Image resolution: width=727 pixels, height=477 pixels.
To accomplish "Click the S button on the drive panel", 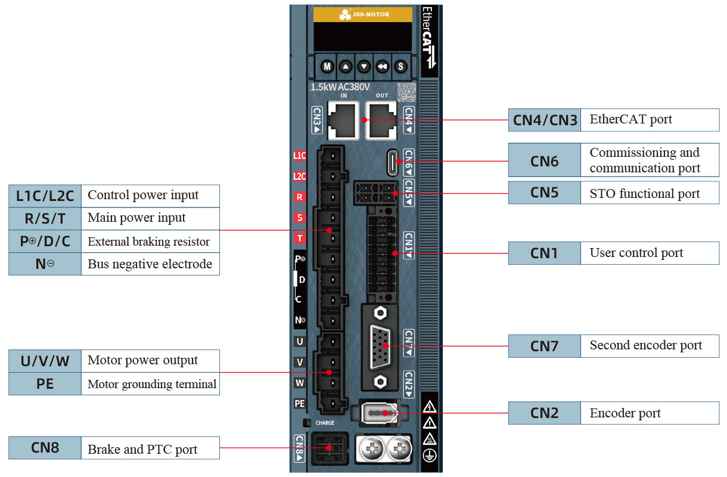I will tap(400, 66).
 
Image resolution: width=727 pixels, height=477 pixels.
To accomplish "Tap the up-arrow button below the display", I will tap(346, 66).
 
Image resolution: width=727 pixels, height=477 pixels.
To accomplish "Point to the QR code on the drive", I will tap(406, 92).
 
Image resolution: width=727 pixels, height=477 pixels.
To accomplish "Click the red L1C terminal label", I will tap(299, 156).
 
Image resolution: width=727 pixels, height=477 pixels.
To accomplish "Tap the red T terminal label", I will tap(299, 238).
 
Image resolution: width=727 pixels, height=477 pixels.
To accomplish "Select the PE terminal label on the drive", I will tap(299, 404).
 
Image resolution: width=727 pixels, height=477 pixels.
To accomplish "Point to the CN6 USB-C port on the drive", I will tap(393, 162).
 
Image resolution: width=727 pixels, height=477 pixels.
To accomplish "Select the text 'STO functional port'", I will tap(644, 193).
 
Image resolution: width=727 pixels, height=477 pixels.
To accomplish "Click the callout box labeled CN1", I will tap(544, 253).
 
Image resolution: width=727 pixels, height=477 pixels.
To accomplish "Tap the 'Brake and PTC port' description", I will tap(142, 449).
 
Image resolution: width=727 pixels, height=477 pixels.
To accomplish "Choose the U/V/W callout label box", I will tap(45, 361).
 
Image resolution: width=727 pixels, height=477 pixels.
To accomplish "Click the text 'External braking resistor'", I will tap(148, 241).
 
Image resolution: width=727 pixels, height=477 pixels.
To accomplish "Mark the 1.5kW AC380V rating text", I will tap(340, 87).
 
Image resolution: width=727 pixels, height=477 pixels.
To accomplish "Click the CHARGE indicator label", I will tap(325, 423).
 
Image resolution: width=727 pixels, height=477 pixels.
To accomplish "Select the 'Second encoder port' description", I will tap(645, 345).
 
